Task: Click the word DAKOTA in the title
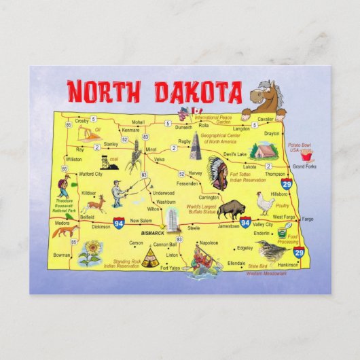click(198, 92)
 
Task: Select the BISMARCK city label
click(149, 232)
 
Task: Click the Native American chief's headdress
click(217, 170)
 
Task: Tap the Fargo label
click(308, 219)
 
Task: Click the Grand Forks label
click(303, 166)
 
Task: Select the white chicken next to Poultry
click(266, 202)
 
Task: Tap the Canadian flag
click(198, 111)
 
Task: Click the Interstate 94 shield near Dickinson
click(119, 222)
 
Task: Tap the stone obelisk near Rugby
click(195, 145)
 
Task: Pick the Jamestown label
click(228, 226)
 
